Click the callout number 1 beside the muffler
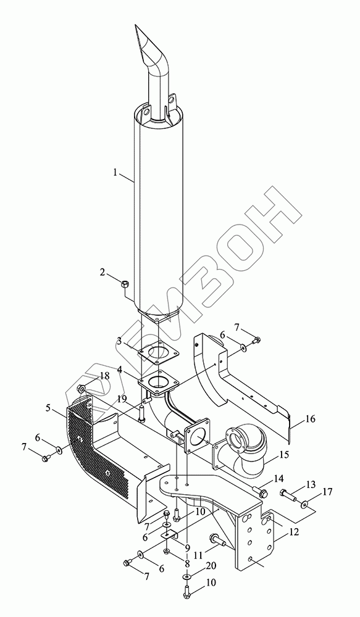[x=115, y=172]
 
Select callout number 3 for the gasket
[x=119, y=341]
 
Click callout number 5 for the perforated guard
[x=48, y=408]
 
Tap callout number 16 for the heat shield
[x=311, y=419]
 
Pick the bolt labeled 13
[x=289, y=494]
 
